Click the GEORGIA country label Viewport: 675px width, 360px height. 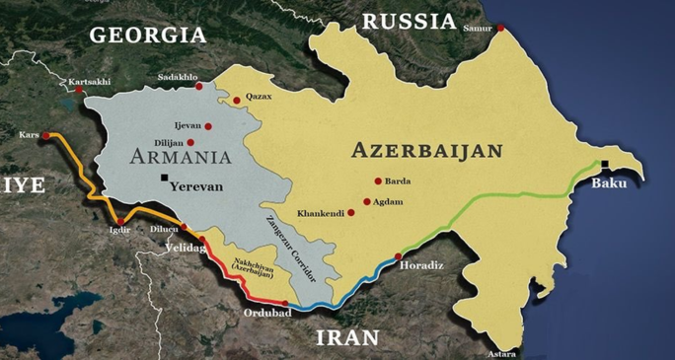(x=148, y=35)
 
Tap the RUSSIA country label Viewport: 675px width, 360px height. (x=409, y=21)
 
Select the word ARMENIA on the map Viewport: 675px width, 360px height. (x=180, y=156)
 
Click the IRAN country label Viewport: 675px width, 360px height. (x=347, y=337)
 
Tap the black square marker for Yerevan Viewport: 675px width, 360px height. (x=164, y=178)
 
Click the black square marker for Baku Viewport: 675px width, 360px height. (x=604, y=164)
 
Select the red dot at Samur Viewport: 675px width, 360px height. (x=500, y=28)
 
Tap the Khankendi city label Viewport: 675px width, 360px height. (x=322, y=213)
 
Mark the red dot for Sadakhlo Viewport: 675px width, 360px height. (x=199, y=87)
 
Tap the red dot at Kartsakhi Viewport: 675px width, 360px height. (x=78, y=90)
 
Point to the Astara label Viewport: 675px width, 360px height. (x=501, y=352)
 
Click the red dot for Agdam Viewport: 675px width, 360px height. (x=367, y=202)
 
